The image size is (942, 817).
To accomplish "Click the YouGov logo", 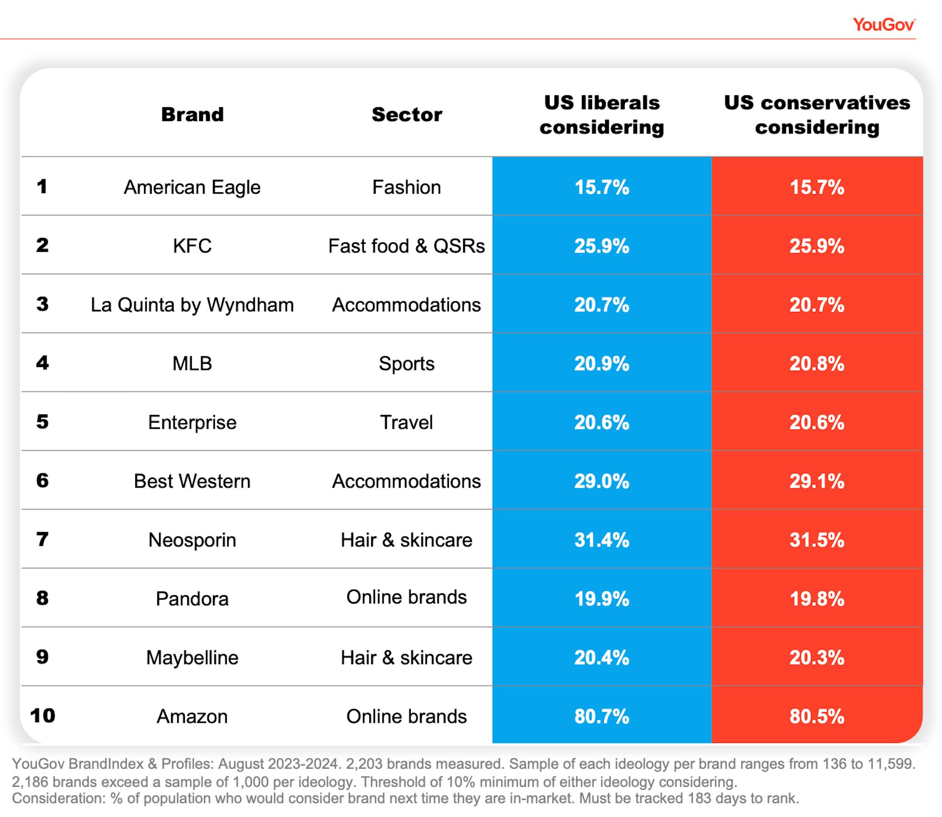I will pyautogui.click(x=883, y=24).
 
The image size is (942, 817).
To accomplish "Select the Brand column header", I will pyautogui.click(x=192, y=114).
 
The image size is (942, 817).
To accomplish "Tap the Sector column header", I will pyautogui.click(x=407, y=114).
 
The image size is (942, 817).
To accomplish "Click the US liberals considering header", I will pyautogui.click(x=601, y=115).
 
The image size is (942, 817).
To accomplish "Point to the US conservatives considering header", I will pyautogui.click(x=816, y=115).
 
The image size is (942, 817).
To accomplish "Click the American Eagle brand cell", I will pyautogui.click(x=192, y=187).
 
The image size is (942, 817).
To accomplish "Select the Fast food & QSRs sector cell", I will pyautogui.click(x=407, y=246).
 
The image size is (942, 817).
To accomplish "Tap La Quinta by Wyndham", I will pyautogui.click(x=192, y=305).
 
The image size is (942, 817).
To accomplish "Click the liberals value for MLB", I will pyautogui.click(x=601, y=363).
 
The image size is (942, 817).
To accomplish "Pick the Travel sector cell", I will pyautogui.click(x=407, y=422).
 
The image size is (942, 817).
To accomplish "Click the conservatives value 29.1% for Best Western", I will pyautogui.click(x=816, y=481).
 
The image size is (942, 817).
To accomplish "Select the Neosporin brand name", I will pyautogui.click(x=192, y=540).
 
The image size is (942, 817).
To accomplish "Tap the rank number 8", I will pyautogui.click(x=42, y=598).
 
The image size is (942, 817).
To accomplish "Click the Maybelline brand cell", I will pyautogui.click(x=192, y=657).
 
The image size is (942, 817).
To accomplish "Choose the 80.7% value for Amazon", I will pyautogui.click(x=601, y=716).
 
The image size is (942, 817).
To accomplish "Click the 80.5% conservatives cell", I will pyautogui.click(x=816, y=716).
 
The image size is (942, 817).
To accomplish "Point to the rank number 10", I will pyautogui.click(x=42, y=716).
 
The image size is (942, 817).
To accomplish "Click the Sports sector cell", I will pyautogui.click(x=407, y=363).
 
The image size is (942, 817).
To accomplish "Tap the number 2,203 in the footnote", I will pyautogui.click(x=364, y=764).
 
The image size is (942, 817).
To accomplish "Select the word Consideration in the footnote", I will pyautogui.click(x=59, y=798).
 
